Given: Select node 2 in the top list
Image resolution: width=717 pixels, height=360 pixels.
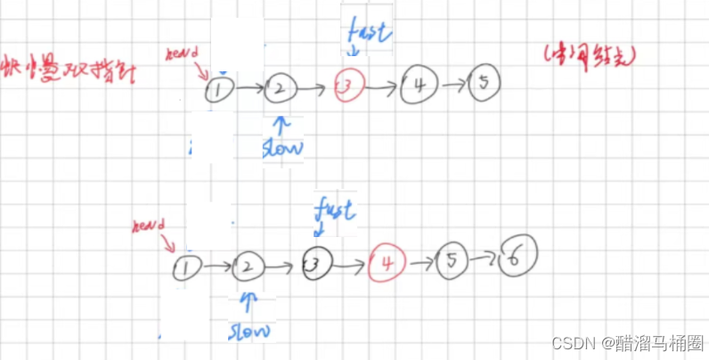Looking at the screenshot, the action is tap(279, 88).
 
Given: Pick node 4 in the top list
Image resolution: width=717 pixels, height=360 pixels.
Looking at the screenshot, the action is tap(419, 86).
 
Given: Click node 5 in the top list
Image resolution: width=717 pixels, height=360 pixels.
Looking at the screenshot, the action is tap(483, 83).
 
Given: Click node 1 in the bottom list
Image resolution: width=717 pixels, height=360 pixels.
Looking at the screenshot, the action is tap(186, 266).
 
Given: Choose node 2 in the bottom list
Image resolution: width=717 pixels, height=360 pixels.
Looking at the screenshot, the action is tap(249, 266).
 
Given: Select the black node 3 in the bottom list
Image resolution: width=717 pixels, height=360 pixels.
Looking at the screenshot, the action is tap(317, 263).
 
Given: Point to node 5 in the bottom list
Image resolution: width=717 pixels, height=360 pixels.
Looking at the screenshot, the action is tap(452, 262).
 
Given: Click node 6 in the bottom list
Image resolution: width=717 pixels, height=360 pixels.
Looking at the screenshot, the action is tap(517, 258).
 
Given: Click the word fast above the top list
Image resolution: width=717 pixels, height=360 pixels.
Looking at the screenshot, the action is tap(367, 33).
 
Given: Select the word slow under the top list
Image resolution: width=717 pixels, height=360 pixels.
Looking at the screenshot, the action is tap(282, 147).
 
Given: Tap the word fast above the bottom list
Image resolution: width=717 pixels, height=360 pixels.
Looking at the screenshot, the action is tap(335, 210).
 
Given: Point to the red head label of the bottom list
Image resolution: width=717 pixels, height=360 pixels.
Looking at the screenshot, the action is tap(149, 225).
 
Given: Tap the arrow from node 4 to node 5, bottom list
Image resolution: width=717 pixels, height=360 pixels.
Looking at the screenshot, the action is tap(420, 262).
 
